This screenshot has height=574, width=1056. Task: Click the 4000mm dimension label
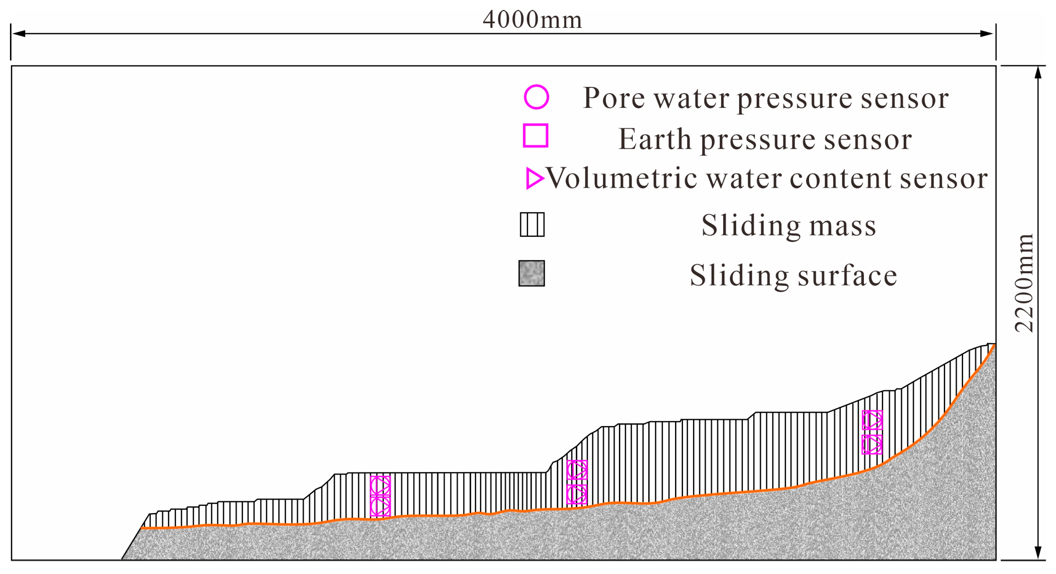pos(532,20)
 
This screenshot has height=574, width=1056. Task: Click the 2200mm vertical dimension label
pos(1024,283)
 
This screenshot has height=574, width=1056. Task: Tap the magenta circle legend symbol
pos(536,97)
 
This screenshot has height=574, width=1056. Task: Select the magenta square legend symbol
pos(535,136)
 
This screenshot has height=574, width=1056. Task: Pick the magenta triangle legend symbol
pos(534,178)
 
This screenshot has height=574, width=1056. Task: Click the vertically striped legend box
pos(532,224)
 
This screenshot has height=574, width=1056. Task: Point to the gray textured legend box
pos(532,273)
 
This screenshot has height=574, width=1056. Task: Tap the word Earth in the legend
pos(655,139)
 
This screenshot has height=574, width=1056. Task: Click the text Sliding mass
pos(789,226)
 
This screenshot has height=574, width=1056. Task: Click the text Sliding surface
pos(793,275)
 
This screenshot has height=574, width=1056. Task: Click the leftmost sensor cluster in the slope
pos(380,496)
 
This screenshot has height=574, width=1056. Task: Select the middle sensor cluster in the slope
pos(577,482)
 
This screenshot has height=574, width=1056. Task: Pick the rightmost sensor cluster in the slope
pos(872,432)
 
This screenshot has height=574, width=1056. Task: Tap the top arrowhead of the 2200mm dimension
pos(1038,73)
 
